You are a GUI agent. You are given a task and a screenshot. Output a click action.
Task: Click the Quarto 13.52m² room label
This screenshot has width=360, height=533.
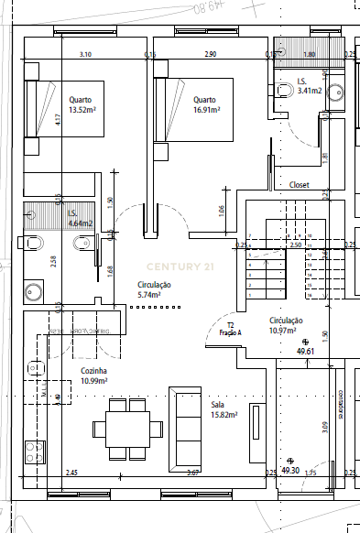pos(82,104)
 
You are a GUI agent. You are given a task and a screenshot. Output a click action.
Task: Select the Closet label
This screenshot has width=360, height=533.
pos(300,185)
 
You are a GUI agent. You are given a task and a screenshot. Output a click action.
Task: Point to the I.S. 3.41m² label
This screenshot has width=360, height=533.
pos(309,87)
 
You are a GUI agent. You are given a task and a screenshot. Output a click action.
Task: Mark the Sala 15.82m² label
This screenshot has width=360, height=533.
pos(224,408)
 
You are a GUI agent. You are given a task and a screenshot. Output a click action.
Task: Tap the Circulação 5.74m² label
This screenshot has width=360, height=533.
pos(148,290)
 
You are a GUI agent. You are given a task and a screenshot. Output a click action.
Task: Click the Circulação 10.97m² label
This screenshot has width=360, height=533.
pos(286,324)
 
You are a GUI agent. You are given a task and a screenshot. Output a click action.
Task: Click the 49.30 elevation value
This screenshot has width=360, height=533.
pos(290,470)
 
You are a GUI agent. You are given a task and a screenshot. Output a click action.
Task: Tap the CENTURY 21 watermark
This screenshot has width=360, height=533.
pos(180,266)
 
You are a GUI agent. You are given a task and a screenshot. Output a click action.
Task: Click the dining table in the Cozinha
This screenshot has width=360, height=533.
pos(125,428)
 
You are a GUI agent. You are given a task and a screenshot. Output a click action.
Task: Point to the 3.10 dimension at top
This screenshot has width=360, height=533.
pos(85,55)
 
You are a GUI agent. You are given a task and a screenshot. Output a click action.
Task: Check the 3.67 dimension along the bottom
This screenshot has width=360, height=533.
pos(192,473)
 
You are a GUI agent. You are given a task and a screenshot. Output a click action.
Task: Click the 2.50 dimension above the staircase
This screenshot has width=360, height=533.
pos(295,245)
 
